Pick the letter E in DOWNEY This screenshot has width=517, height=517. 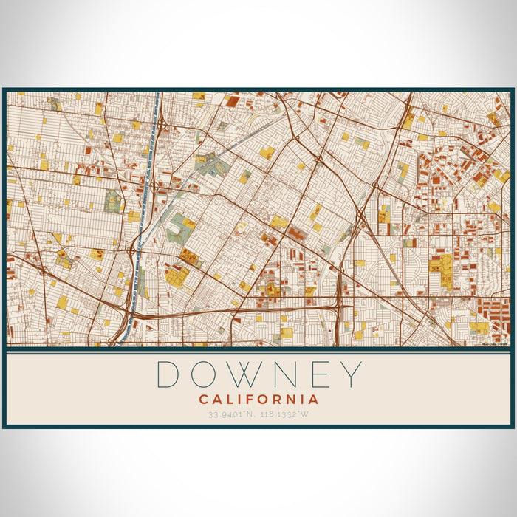329,374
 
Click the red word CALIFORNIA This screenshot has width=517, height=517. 258,400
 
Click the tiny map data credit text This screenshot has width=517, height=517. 494,343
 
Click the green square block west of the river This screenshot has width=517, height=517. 112,201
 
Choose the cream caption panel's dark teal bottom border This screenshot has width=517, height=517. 258,426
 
